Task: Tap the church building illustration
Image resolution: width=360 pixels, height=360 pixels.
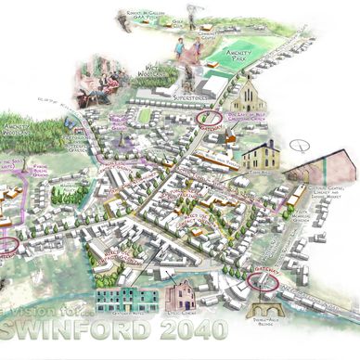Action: (249, 96)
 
